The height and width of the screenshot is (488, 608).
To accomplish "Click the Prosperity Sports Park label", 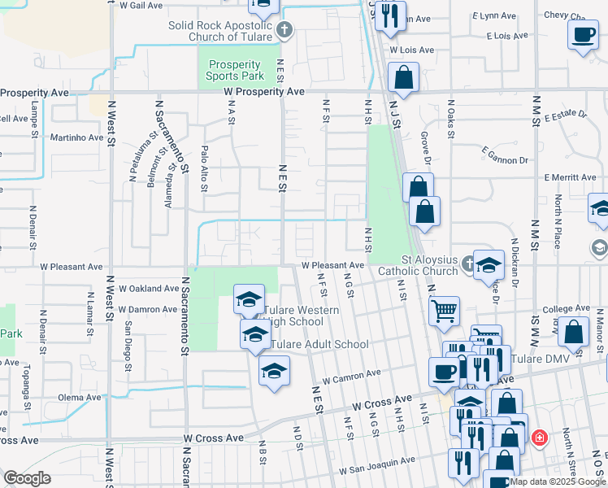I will pos(235,71).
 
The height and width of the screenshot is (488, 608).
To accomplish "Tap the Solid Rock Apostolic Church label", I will pos(220,31).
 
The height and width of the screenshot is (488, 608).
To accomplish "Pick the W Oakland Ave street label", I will pos(148,288).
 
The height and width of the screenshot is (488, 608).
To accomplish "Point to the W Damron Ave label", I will pos(148,310).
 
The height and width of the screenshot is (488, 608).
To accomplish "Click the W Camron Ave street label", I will pos(351,376).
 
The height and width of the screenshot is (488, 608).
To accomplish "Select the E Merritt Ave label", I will pos(571,177).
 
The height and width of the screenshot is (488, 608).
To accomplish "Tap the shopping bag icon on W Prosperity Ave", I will pos(403,79).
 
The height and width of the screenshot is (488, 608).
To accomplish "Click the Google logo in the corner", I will pos(27,478).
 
